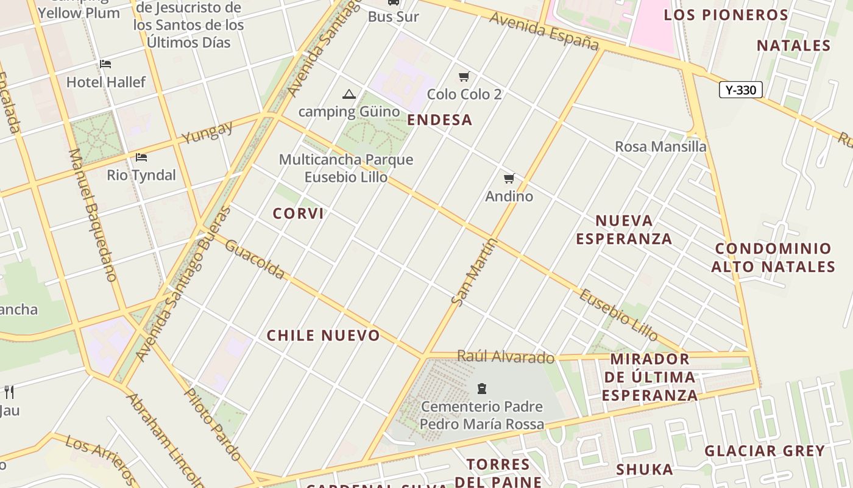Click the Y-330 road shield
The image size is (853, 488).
[x=741, y=90]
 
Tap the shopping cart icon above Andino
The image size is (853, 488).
[x=509, y=178]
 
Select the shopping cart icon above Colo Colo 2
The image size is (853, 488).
[x=464, y=76]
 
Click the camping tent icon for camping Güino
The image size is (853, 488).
[x=349, y=94]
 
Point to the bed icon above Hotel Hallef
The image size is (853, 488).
[x=105, y=63]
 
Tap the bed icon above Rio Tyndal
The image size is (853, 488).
[x=141, y=157]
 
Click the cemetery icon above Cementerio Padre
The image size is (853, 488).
[x=482, y=388]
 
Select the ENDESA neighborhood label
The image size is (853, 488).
[x=439, y=120]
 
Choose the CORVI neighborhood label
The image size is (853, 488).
[x=298, y=213]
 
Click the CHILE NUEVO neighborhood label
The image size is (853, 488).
[x=323, y=335]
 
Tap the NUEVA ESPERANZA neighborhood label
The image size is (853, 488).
[x=624, y=229]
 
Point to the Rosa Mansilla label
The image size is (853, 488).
[x=660, y=146]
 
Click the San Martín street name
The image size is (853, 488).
[x=475, y=271]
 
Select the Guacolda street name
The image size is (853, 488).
[x=255, y=259]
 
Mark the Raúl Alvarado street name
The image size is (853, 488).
[x=506, y=357]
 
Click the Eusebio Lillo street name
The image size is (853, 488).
[x=618, y=315]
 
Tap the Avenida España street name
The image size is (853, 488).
[x=544, y=32]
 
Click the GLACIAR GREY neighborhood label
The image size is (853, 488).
[x=765, y=451]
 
